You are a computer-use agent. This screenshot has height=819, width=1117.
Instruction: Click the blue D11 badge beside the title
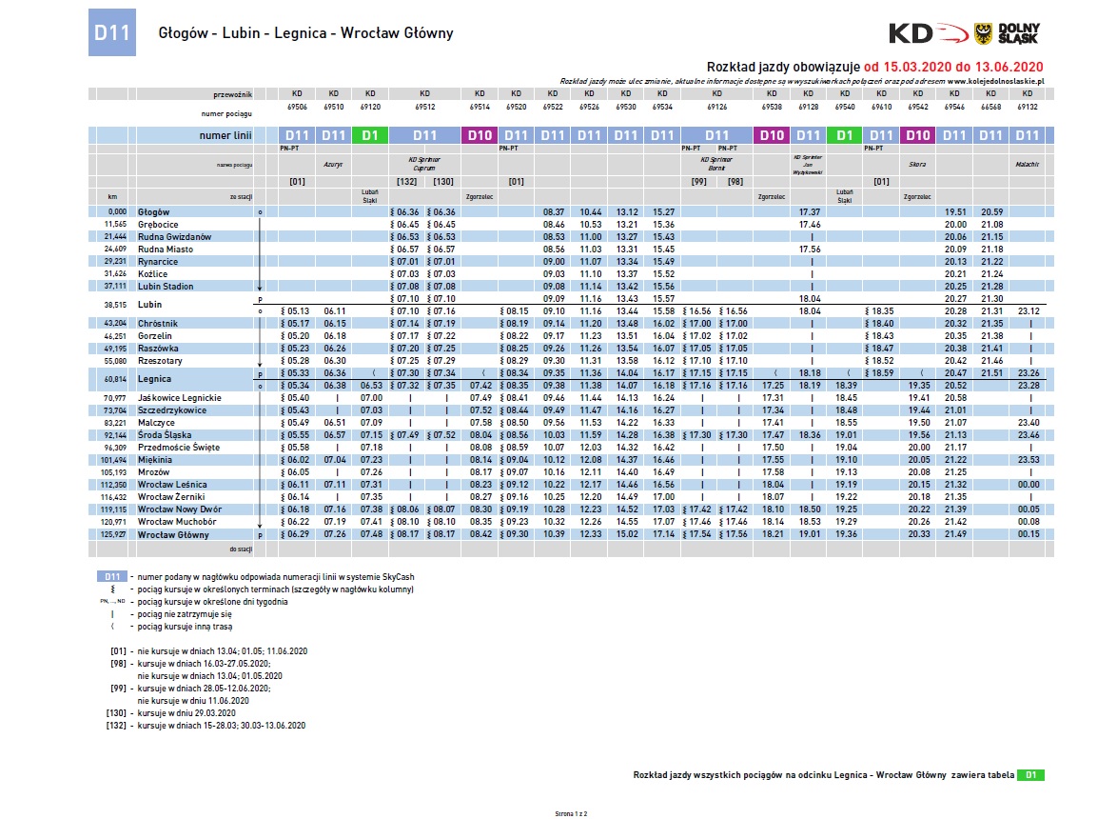click(x=109, y=32)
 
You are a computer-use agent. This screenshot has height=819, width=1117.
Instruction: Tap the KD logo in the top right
click(x=928, y=33)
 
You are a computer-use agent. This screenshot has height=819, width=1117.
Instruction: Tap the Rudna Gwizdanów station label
click(x=174, y=236)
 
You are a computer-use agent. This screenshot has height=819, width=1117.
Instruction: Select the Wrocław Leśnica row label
click(x=172, y=484)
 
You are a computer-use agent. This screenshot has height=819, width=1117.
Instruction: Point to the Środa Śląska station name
click(x=165, y=434)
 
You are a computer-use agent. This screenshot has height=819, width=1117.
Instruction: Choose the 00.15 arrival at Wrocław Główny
click(x=1026, y=533)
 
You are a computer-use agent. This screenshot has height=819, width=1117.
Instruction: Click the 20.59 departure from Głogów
click(x=991, y=211)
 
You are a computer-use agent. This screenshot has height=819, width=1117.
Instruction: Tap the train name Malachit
click(x=1026, y=165)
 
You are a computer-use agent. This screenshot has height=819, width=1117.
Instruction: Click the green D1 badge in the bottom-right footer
click(x=1029, y=775)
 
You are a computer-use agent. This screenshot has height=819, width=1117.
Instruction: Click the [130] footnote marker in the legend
click(x=117, y=712)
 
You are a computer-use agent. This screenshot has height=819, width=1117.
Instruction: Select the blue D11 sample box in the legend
click(x=112, y=577)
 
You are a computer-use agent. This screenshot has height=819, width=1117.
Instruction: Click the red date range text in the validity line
click(x=954, y=67)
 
